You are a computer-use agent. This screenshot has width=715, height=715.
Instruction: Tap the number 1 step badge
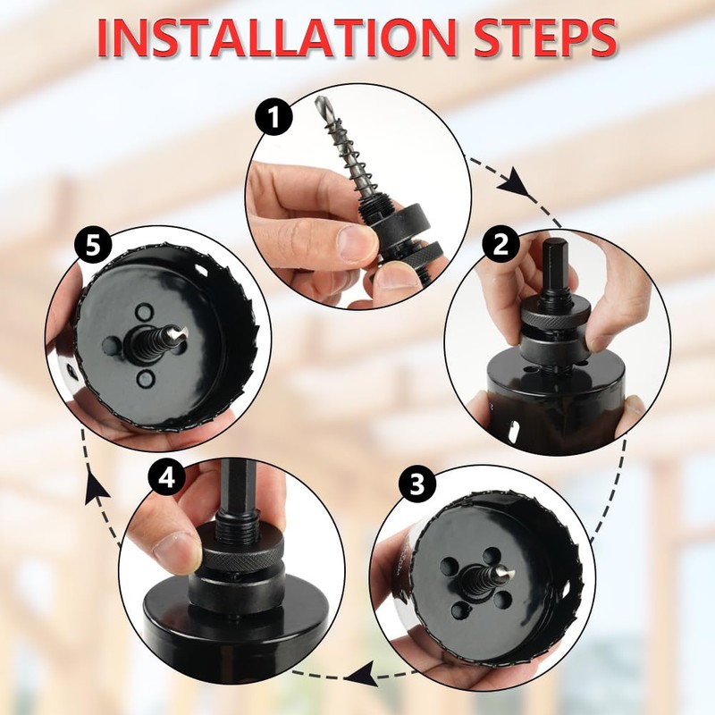[274, 117]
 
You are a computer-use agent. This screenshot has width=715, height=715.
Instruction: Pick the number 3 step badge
[417, 484]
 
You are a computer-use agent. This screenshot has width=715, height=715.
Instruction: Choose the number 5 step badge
[93, 248]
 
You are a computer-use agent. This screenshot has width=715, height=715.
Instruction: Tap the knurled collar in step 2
[556, 315]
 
